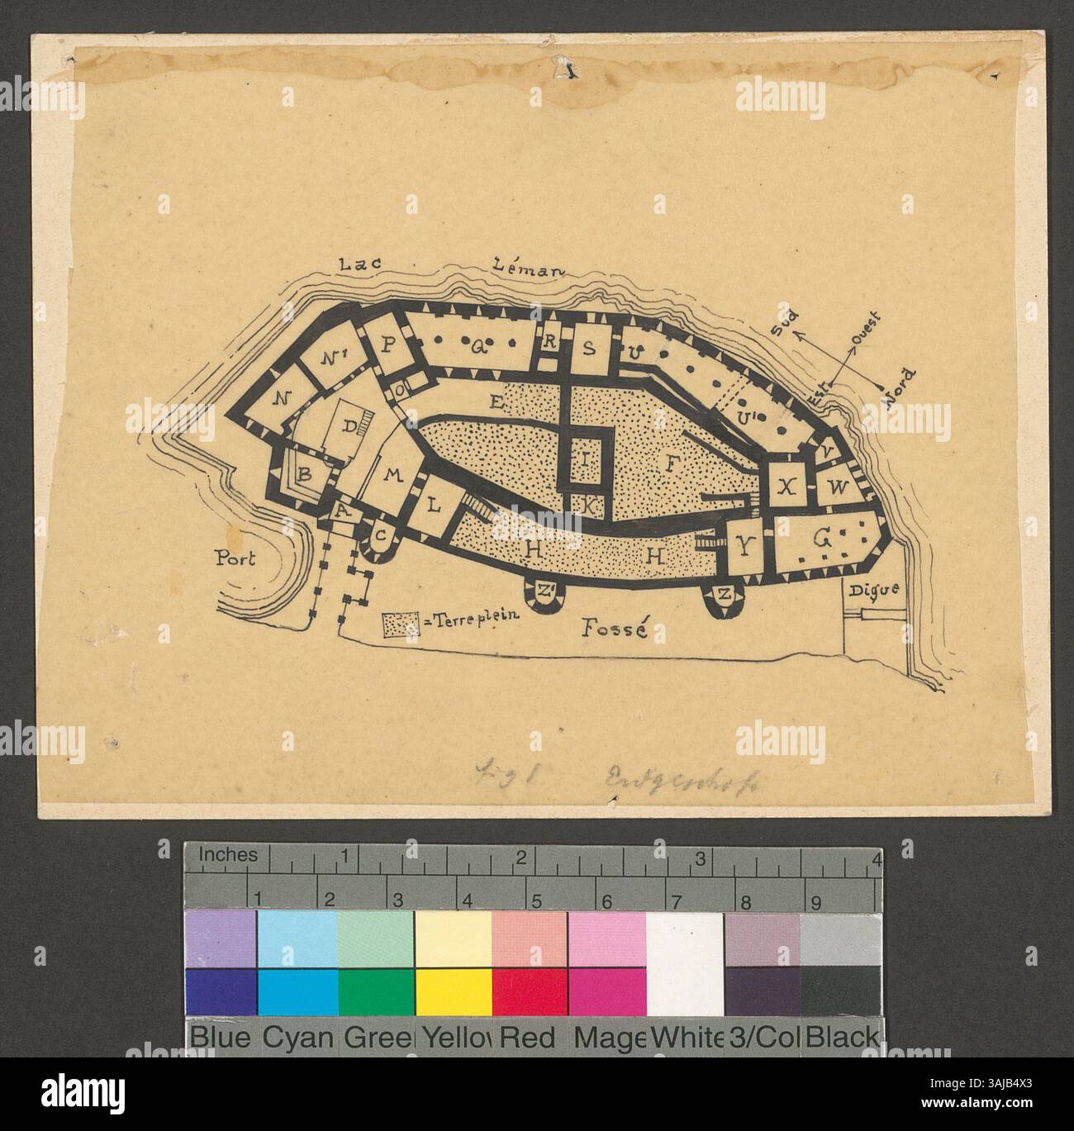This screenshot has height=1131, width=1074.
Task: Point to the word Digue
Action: point(866,589)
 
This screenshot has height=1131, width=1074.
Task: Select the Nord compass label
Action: point(896,386)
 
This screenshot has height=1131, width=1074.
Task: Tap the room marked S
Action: point(589,347)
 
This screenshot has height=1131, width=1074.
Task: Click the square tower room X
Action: point(789,487)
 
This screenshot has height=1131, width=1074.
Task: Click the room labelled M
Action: point(392,473)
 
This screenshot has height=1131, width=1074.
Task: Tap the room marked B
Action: point(304,475)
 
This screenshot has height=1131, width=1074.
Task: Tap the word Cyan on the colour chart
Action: point(297,1038)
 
